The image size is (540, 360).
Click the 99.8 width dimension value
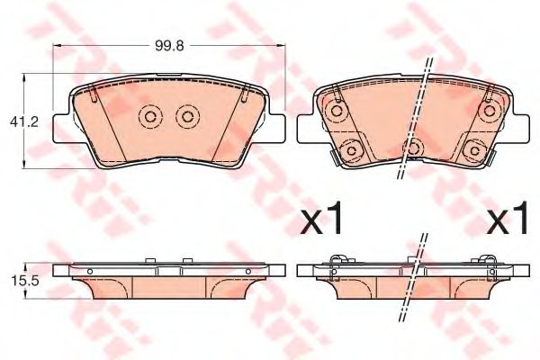(169, 46)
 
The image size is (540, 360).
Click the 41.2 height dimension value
(24, 122)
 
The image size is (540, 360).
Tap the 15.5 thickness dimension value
(25, 281)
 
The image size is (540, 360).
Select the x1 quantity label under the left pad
(321, 218)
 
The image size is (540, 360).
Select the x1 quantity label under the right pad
(507, 218)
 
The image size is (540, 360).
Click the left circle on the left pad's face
(149, 116)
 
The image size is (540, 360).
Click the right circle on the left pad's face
(188, 116)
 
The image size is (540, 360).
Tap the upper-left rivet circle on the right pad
(337, 111)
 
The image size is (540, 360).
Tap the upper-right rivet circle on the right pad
(489, 111)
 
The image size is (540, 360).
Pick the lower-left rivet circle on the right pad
(352, 150)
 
